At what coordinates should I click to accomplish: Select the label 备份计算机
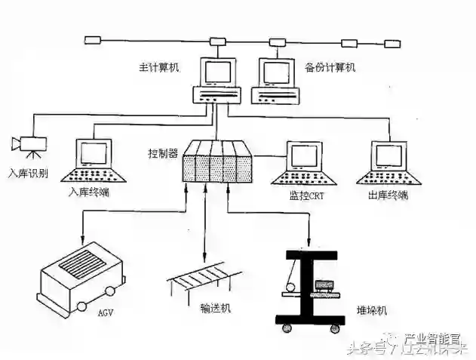(x=331, y=68)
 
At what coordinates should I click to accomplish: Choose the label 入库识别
(x=28, y=173)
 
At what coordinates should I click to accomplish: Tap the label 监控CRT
(x=306, y=195)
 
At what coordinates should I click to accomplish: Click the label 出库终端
(x=389, y=195)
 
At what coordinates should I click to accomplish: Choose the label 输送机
(x=215, y=308)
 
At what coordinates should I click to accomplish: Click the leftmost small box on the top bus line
(x=93, y=39)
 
